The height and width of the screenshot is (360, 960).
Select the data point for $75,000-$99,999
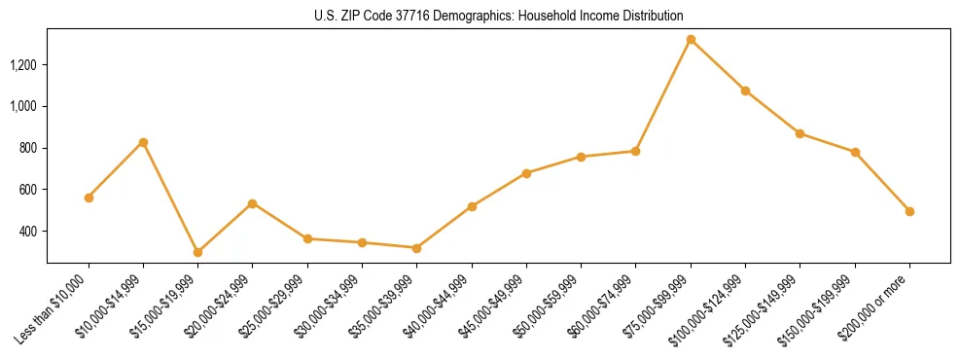[691, 40]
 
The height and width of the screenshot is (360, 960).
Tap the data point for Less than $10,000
[89, 198]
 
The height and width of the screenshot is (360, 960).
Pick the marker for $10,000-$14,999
[143, 142]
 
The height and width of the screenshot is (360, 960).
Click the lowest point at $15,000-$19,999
[197, 252]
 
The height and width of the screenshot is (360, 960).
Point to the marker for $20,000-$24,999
[252, 203]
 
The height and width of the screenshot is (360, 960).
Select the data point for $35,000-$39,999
[416, 248]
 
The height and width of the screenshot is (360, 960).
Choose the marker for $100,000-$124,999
[745, 90]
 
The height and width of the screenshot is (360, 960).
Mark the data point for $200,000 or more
[909, 211]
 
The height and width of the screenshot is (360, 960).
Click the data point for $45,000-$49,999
[526, 173]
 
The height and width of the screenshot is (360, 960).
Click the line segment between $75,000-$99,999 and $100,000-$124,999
[718, 65]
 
